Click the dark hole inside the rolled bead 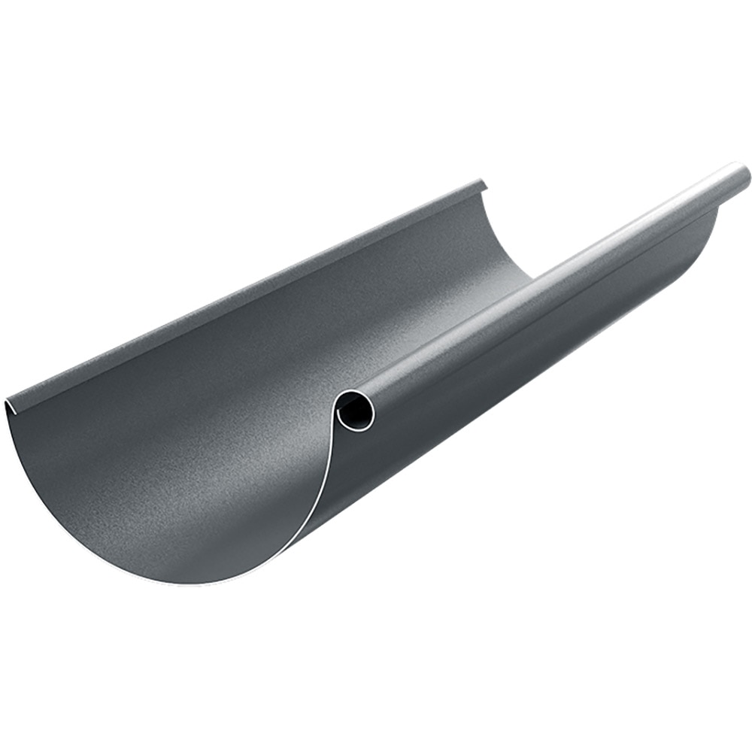(x=354, y=411)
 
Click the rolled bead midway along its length (x=549, y=290)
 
